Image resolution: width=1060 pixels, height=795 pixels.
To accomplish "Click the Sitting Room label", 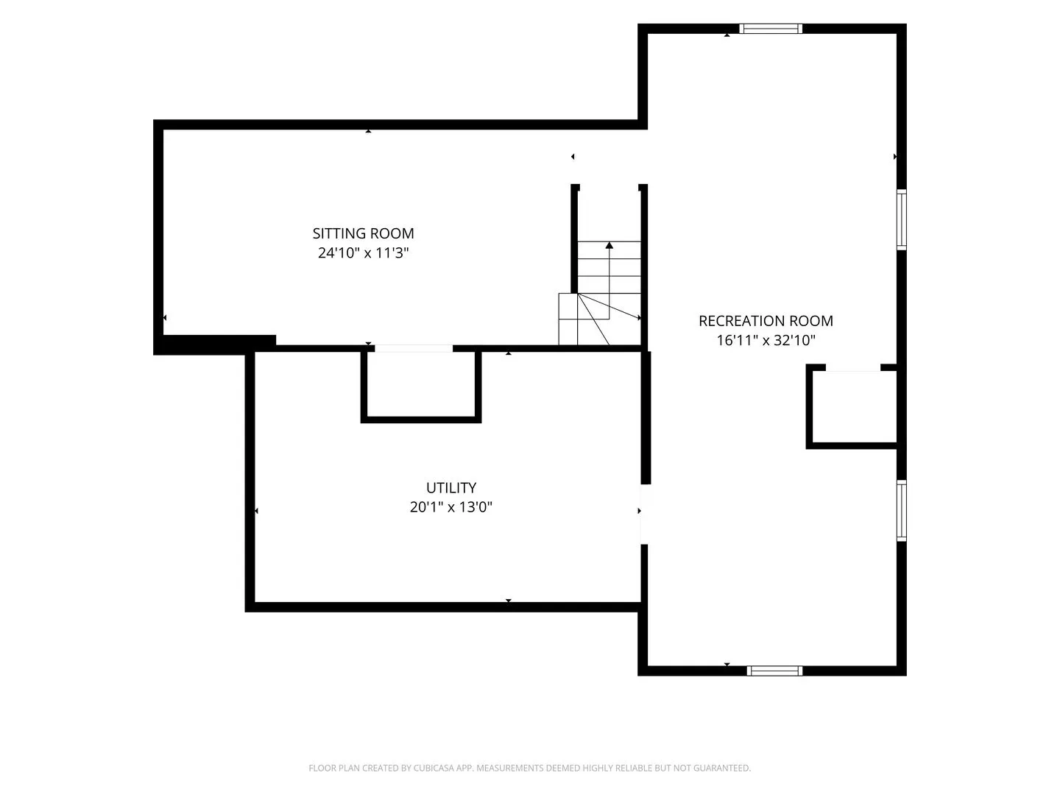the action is (x=363, y=233).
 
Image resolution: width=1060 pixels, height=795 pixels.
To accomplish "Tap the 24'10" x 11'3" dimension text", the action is (x=363, y=253).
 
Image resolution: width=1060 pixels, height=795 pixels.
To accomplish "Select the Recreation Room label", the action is (x=766, y=321).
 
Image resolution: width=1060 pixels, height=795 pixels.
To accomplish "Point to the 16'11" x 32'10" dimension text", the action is (x=766, y=340).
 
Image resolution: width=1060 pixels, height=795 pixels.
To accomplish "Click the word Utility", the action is (x=451, y=487).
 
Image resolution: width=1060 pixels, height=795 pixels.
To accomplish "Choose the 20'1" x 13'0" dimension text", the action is (x=451, y=507).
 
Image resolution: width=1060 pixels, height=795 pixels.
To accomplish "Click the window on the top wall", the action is (x=771, y=29).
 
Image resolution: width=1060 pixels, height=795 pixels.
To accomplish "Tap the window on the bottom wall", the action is (x=774, y=671).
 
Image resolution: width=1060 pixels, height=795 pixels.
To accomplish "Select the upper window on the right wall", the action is (x=902, y=220).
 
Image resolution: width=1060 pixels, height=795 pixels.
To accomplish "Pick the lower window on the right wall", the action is (x=902, y=510).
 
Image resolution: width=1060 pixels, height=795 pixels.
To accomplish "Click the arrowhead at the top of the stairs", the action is (x=609, y=245).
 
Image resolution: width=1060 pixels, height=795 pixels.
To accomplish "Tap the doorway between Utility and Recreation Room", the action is (x=645, y=514).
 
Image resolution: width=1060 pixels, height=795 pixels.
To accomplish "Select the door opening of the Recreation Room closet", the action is (x=853, y=368).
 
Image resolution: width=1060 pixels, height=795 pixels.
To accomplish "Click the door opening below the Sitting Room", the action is (x=414, y=348).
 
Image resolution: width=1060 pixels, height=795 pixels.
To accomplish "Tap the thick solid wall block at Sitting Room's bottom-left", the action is (x=215, y=344).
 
